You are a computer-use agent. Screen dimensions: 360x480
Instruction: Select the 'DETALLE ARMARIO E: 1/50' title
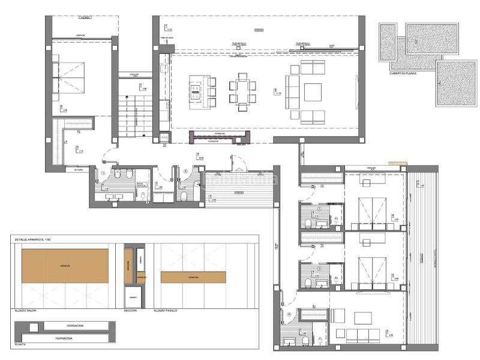(35, 239)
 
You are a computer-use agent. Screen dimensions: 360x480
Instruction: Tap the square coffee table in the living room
(313, 92)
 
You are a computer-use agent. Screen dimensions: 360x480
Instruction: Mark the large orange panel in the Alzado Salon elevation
(65, 265)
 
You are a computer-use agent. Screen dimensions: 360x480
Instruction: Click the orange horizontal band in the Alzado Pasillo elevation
(193, 278)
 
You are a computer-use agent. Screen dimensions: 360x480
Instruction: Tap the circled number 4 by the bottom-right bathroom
(289, 314)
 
